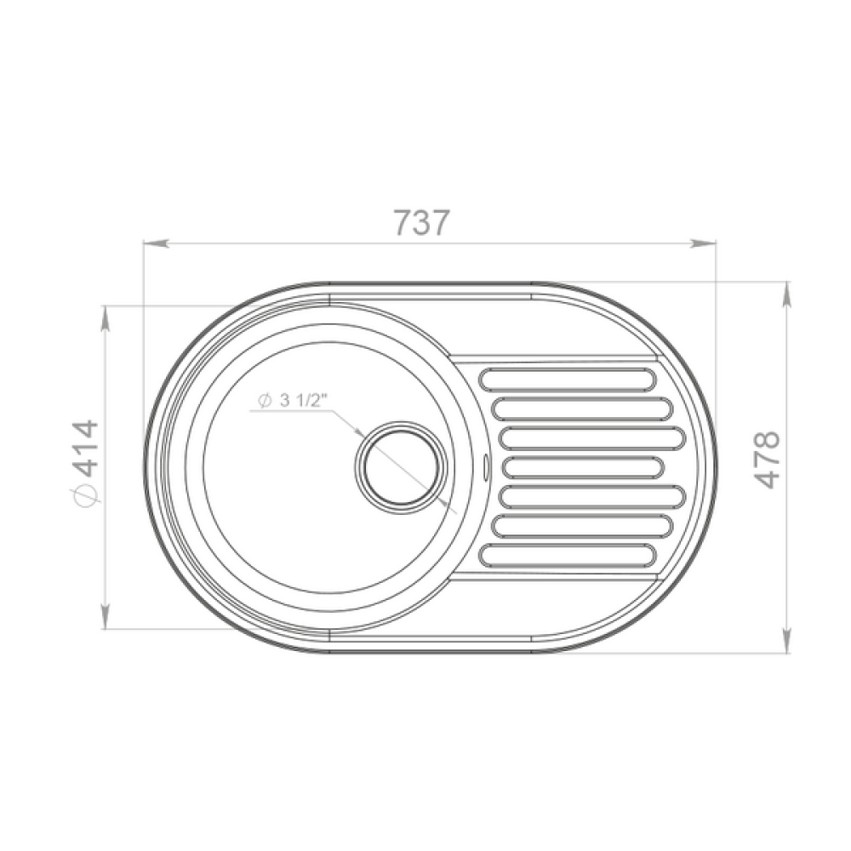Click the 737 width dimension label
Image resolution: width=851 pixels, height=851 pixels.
pyautogui.click(x=422, y=222)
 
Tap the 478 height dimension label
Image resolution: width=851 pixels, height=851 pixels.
pyautogui.click(x=767, y=460)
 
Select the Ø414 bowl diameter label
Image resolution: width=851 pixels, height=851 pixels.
pyautogui.click(x=86, y=464)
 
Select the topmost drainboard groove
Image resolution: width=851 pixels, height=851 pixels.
pyautogui.click(x=567, y=380)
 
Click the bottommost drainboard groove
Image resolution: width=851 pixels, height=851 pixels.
pyautogui.click(x=567, y=555)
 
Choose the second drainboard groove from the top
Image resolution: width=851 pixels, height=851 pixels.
pyautogui.click(x=582, y=408)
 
